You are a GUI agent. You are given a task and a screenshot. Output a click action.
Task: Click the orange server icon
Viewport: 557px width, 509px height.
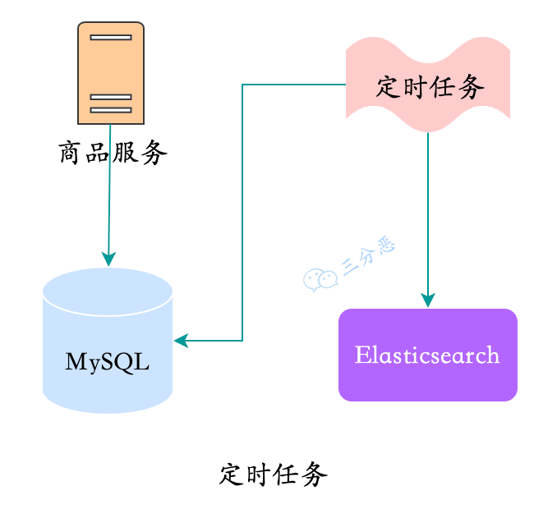111,73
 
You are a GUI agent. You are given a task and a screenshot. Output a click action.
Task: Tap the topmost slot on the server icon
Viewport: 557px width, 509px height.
111,37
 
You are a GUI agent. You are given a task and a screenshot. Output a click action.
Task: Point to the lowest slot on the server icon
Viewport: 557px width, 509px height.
111,109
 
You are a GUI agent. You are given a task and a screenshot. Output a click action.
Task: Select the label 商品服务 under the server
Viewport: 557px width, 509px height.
113,153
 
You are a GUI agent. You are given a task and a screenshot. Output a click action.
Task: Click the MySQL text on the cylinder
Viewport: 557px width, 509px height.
108,362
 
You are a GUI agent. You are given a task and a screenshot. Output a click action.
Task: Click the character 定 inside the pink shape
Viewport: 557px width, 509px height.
389,86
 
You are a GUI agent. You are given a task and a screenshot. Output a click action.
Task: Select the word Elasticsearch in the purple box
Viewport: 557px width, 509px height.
427,355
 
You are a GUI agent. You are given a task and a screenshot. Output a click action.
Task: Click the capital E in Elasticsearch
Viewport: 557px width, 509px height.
361,355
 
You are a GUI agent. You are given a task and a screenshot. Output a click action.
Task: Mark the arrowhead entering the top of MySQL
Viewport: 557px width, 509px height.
108,259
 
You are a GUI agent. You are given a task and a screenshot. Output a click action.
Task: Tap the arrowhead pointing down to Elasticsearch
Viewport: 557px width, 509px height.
427,300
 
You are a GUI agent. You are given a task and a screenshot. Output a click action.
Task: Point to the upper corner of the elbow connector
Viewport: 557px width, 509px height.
242,85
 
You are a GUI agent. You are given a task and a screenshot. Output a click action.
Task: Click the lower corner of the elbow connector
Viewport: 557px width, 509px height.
242,341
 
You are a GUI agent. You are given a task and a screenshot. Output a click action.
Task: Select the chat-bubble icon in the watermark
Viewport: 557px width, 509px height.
320,280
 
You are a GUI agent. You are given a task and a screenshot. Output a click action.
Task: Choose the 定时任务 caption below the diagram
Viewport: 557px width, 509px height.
274,475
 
